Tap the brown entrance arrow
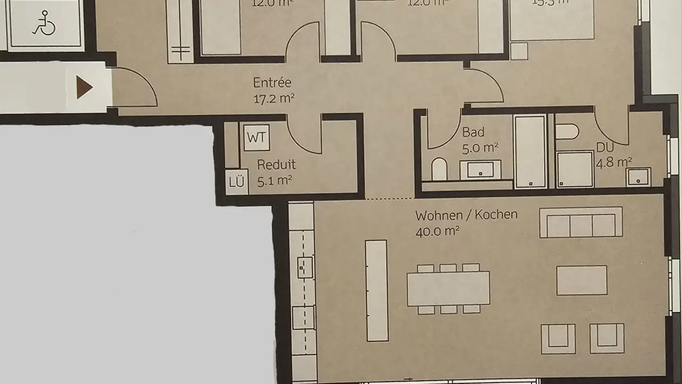(84, 87)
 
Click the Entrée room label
(272, 82)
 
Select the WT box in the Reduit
(257, 138)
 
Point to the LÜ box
(236, 182)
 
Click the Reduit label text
(277, 165)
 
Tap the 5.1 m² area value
(274, 181)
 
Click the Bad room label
(473, 132)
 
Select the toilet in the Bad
(440, 169)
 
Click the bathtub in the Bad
(530, 151)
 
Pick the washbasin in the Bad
(484, 169)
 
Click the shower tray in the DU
(575, 169)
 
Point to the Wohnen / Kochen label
(466, 215)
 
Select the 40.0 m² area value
(438, 231)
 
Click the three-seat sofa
(581, 223)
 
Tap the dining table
(448, 288)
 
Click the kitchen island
(377, 290)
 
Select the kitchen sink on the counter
(305, 267)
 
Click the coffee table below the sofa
(582, 280)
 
